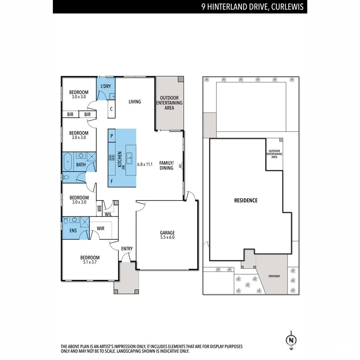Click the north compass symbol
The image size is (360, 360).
pos(290,340)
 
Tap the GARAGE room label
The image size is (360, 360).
pos(168,232)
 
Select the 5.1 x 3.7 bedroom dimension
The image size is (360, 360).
pos(90,262)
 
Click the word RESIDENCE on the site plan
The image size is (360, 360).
pos(246,200)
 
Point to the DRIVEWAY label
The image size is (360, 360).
pos(274,276)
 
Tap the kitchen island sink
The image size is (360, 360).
pos(130,156)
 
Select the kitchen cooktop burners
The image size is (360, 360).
pos(112,157)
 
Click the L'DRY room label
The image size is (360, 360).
pos(106,86)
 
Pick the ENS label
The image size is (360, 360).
pos(73,230)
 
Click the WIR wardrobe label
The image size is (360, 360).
pos(100,229)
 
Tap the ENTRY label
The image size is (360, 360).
pos(127,249)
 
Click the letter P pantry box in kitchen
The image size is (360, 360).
pos(112,136)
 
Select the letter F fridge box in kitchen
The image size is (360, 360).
pos(112,181)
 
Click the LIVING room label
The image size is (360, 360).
pos(135,102)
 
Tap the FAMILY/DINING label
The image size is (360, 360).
pos(166,165)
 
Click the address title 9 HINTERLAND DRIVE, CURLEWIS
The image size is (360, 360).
pos(253,6)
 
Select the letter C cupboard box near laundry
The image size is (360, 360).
pos(111,108)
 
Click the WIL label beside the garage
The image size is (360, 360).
pos(108,214)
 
